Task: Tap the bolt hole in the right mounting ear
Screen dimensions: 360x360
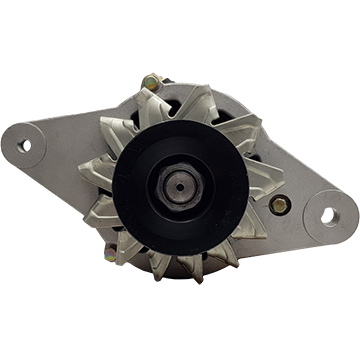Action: click(x=331, y=214)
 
